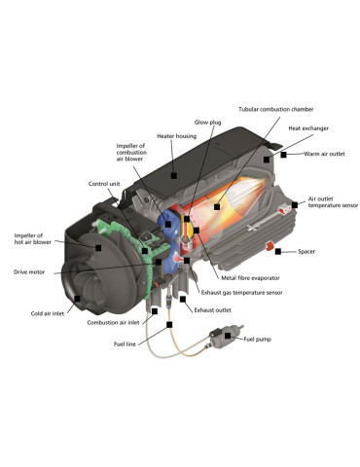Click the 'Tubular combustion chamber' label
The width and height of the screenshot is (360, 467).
coord(276,109)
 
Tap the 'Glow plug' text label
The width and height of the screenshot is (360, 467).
coord(207,123)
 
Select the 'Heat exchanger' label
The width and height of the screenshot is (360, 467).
coord(308,128)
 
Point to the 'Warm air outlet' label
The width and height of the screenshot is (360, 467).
coord(324,154)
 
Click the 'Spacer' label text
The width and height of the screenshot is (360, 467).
coord(306,251)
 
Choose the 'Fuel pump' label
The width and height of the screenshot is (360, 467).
coord(257,340)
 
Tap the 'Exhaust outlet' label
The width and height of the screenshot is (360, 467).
coord(212,310)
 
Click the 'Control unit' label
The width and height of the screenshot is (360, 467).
coord(104,184)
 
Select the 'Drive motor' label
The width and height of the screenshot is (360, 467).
coord(29,272)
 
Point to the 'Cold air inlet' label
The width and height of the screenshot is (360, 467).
coord(48,313)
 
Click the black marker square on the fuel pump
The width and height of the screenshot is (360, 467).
coord(228,336)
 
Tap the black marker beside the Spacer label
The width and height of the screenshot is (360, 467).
coord(278,251)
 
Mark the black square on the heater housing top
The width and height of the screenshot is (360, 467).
coord(174,175)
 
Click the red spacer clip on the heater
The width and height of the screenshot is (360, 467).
coord(269,246)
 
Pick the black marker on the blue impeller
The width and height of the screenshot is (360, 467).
coord(168,224)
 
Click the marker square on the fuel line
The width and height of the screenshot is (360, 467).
coord(169,324)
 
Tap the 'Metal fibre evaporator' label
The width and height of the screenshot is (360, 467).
coord(250,278)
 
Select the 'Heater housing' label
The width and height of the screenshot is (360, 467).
coord(176,136)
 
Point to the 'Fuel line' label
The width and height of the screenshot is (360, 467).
coord(125,343)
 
